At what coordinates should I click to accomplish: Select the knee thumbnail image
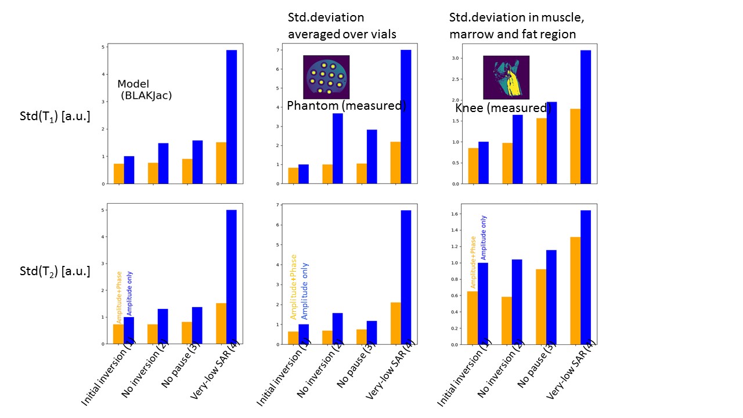pos(506,77)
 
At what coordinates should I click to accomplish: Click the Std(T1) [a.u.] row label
pos(55,117)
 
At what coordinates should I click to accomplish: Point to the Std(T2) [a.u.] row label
pos(55,271)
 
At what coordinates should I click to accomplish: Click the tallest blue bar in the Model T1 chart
pos(231,117)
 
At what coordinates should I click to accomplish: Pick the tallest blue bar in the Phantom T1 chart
pos(406,117)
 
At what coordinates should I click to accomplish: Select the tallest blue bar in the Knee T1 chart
pos(585,117)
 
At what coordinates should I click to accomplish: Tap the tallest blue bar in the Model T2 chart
pos(231,276)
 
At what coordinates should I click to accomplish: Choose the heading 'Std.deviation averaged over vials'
pos(342,26)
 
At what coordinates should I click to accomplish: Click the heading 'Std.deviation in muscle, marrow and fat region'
pos(517,26)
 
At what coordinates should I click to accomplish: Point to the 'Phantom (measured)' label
pos(347,106)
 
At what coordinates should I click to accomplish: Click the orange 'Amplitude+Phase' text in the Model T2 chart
pos(119,297)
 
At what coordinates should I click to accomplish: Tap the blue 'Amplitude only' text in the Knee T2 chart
pos(484,237)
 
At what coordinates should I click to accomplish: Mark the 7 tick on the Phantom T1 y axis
pos(279,51)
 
